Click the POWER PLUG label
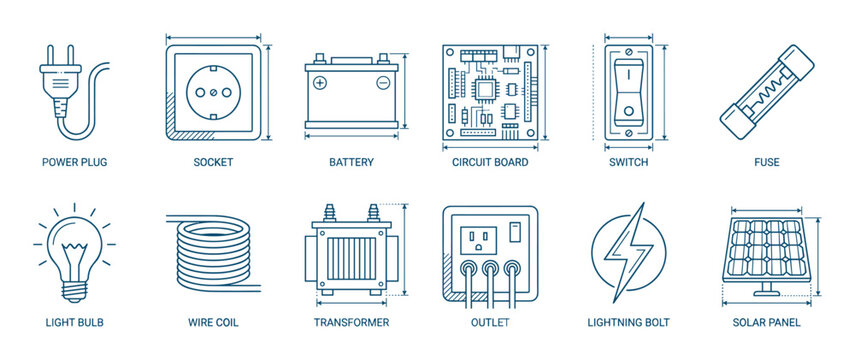[74, 162]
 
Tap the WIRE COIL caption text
[213, 322]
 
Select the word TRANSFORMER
[351, 322]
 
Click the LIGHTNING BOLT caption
[628, 322]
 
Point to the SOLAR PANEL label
[766, 322]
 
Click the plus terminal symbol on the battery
[320, 83]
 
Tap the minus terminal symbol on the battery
[382, 83]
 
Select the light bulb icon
[74, 250]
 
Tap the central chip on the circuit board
[487, 88]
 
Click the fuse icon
[766, 95]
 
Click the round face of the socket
[213, 91]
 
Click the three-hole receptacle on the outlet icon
[476, 239]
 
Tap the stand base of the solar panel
[767, 293]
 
